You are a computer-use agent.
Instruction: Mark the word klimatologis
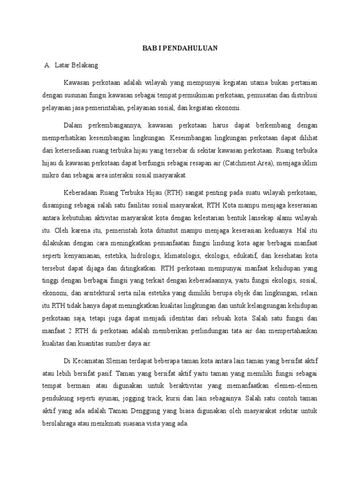point(181,255)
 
